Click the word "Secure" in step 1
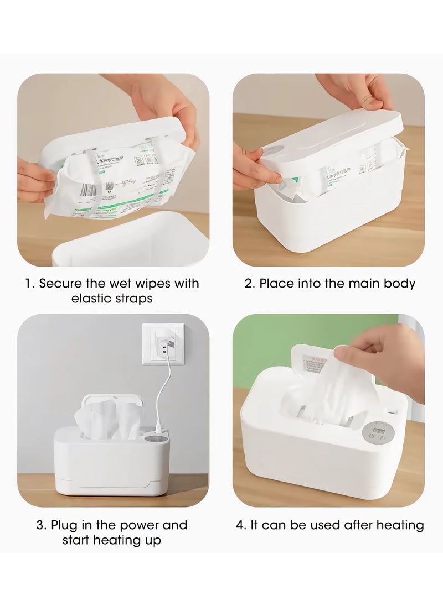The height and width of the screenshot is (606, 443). click(x=59, y=284)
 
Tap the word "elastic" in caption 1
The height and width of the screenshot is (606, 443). click(x=91, y=299)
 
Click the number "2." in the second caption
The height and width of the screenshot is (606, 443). click(x=250, y=284)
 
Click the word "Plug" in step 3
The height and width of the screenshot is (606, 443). click(x=64, y=525)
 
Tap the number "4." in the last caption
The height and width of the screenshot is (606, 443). click(x=241, y=525)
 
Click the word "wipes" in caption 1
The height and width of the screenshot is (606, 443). click(x=156, y=284)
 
